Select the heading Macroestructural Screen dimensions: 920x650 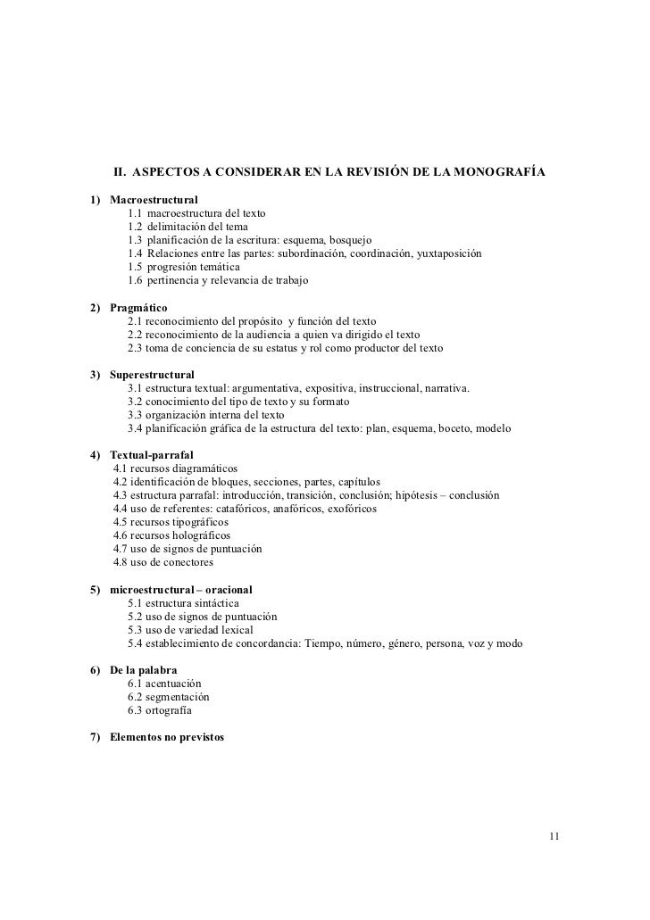coord(154,199)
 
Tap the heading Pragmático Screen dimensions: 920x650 coord(138,307)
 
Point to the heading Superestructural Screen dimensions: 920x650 coord(152,374)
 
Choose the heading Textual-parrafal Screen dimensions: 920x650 coord(151,455)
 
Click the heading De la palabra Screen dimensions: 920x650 coord(143,670)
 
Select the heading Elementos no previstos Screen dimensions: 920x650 coord(167,738)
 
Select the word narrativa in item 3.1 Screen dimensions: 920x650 coord(444,388)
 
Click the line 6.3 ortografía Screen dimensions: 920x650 coord(159,711)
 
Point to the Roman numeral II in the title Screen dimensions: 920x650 coord(117,170)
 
